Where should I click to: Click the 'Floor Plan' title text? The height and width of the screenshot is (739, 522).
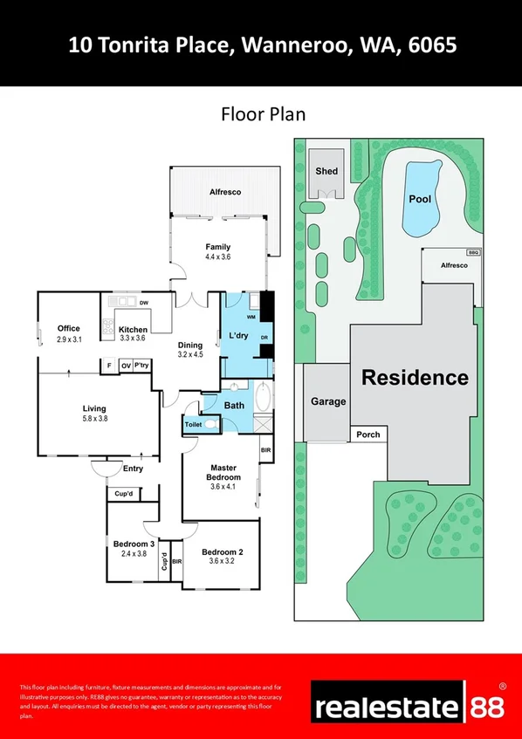pyautogui.click(x=261, y=114)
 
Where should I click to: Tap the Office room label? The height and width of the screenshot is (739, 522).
pyautogui.click(x=69, y=328)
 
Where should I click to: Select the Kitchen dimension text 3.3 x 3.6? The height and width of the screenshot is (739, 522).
pyautogui.click(x=133, y=339)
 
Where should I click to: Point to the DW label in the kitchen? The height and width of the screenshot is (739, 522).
pyautogui.click(x=144, y=302)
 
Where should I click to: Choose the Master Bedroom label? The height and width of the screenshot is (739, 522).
pyautogui.click(x=223, y=472)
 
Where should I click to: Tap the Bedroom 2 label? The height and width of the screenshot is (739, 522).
pyautogui.click(x=222, y=551)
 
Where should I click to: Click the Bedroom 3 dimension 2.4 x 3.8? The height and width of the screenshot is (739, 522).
pyautogui.click(x=133, y=553)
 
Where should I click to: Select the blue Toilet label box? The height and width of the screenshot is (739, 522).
pyautogui.click(x=192, y=424)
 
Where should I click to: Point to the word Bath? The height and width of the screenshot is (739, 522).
pyautogui.click(x=234, y=405)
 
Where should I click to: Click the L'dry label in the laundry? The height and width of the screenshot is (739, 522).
pyautogui.click(x=239, y=336)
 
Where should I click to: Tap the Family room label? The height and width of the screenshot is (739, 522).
pyautogui.click(x=217, y=247)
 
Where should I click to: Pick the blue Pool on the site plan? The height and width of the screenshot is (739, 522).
pyautogui.click(x=420, y=199)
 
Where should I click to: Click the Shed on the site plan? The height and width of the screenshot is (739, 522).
pyautogui.click(x=326, y=171)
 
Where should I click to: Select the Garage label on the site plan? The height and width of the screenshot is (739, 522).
pyautogui.click(x=328, y=402)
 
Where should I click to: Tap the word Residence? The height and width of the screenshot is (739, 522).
pyautogui.click(x=415, y=378)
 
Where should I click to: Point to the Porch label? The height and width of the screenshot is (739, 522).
pyautogui.click(x=367, y=434)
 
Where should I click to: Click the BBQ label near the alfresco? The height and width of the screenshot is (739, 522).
pyautogui.click(x=473, y=252)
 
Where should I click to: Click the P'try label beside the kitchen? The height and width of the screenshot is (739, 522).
pyautogui.click(x=141, y=366)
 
